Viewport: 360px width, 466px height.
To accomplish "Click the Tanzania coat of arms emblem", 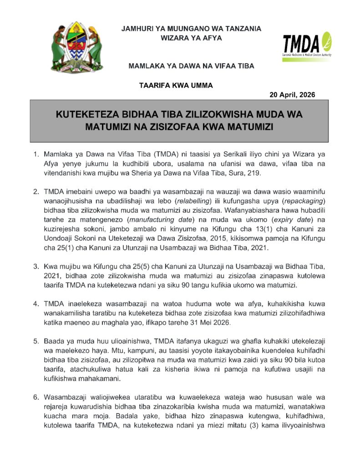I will tap(76, 48).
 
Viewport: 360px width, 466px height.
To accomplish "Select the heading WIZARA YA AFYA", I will tap(191, 38).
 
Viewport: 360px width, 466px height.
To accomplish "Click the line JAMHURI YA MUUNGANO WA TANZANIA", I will tap(191, 29).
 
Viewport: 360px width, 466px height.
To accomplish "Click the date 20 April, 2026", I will tap(292, 95).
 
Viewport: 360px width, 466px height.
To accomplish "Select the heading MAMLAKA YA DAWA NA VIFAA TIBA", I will tap(191, 66).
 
